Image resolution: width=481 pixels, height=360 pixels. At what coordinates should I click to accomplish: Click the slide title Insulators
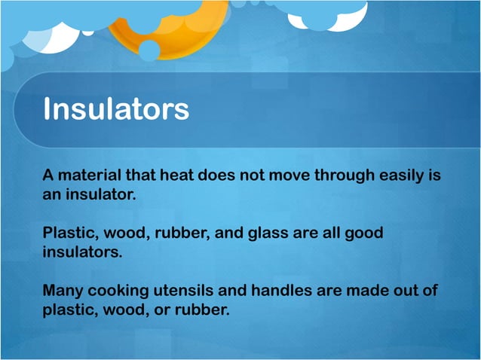(115, 109)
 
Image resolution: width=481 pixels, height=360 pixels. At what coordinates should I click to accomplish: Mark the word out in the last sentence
(409, 290)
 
